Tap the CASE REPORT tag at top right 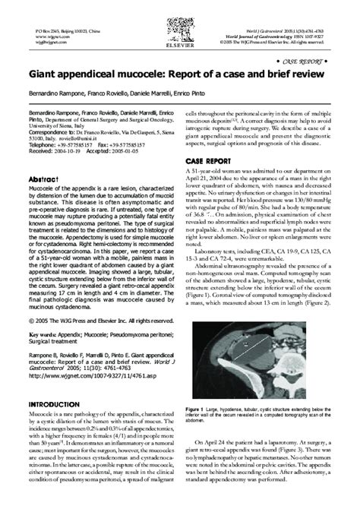coord(307,58)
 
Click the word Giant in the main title coord(44,74)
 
